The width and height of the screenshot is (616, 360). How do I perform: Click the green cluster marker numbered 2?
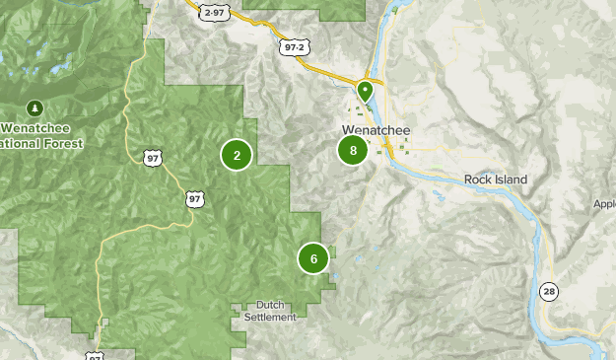(237, 155)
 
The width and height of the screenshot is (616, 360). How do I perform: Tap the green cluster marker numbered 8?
(353, 151)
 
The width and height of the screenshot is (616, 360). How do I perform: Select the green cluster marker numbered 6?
(313, 259)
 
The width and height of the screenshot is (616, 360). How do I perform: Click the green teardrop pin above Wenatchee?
(365, 91)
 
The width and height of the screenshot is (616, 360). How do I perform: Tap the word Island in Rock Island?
(511, 180)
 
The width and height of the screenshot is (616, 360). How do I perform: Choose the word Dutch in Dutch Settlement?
(270, 305)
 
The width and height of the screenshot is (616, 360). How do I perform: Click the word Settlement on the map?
(270, 317)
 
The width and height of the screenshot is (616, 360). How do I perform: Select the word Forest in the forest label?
(61, 143)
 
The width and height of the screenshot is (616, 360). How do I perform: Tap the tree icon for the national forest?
(35, 108)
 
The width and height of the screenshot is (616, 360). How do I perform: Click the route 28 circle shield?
(548, 290)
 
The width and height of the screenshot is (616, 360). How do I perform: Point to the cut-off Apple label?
(603, 205)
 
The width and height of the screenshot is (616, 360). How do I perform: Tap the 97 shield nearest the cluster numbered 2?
(193, 199)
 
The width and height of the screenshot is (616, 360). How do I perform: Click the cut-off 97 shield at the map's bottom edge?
(94, 356)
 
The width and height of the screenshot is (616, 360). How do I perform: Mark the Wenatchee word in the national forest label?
(39, 129)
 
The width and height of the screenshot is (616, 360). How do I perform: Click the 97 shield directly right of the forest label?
(152, 158)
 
